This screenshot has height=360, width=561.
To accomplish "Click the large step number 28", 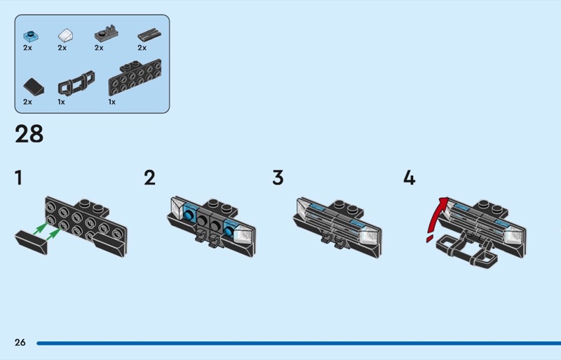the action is [29, 134].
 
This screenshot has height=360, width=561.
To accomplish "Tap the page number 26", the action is [20, 342].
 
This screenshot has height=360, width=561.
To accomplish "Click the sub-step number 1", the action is [19, 178].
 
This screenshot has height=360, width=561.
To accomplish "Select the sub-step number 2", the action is [149, 178].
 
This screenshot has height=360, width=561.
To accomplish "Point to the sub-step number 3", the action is [278, 178].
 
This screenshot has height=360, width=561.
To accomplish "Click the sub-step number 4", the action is [410, 178].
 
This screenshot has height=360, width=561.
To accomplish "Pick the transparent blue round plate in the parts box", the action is [31, 36].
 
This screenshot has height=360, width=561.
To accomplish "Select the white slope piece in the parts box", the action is [65, 36].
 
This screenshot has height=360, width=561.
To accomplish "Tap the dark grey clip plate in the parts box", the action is [107, 34].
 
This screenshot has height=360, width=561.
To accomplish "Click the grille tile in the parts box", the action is [149, 36].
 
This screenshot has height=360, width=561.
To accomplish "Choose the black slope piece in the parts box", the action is [34, 87].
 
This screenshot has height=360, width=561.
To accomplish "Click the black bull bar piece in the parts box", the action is [76, 83].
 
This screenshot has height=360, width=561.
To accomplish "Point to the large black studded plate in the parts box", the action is [135, 78].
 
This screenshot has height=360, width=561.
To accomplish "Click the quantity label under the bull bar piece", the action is [61, 102].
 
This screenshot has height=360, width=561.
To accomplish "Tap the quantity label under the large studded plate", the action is [112, 102].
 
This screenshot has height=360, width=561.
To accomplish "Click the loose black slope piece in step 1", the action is [31, 242].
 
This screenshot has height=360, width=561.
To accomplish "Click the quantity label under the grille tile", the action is [142, 48].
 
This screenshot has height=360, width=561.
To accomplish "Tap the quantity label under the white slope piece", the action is [62, 48].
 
